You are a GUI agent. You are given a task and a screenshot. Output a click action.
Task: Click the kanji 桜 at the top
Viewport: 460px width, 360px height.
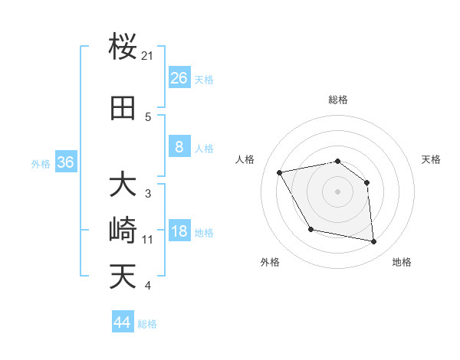pyautogui.click(x=123, y=47)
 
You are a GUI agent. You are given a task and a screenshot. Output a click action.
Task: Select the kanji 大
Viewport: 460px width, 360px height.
pyautogui.click(x=123, y=185)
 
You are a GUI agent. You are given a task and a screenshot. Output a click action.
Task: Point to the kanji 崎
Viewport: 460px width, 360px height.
pyautogui.click(x=123, y=231)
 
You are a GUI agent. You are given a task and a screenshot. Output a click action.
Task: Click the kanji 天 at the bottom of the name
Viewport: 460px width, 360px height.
pyautogui.click(x=123, y=277)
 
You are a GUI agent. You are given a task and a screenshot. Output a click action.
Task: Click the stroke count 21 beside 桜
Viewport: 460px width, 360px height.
pyautogui.click(x=148, y=56)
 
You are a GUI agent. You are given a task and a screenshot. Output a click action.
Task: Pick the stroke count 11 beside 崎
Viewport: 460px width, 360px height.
pyautogui.click(x=148, y=240)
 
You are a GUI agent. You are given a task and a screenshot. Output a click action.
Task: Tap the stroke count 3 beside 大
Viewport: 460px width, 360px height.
pyautogui.click(x=148, y=194)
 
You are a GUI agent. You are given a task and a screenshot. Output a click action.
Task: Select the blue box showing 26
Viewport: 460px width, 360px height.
pyautogui.click(x=179, y=78)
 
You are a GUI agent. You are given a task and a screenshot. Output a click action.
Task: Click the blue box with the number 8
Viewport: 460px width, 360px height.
pyautogui.click(x=179, y=147)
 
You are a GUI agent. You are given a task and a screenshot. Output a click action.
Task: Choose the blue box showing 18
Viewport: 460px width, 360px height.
pyautogui.click(x=179, y=232)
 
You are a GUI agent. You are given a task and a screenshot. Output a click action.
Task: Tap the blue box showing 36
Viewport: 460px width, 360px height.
pyautogui.click(x=65, y=162)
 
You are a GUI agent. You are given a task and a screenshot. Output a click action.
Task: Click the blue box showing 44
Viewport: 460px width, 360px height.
pyautogui.click(x=122, y=322)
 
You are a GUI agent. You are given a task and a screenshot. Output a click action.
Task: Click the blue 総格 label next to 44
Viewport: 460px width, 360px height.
pyautogui.click(x=147, y=324)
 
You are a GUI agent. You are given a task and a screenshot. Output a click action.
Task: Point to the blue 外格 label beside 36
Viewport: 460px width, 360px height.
pyautogui.click(x=41, y=163)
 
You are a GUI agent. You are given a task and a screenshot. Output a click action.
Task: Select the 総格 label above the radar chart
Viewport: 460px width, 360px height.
pyautogui.click(x=337, y=100)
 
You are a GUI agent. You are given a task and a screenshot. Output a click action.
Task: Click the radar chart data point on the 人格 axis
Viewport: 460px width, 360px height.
pyautogui.click(x=280, y=172)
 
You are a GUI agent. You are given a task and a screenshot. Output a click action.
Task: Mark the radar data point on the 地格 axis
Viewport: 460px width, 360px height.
pyautogui.click(x=374, y=242)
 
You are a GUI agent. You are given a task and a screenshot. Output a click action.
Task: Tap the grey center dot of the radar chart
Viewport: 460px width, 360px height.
pyautogui.click(x=337, y=191)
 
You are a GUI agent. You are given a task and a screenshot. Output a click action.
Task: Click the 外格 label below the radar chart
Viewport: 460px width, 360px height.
pyautogui.click(x=270, y=262)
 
